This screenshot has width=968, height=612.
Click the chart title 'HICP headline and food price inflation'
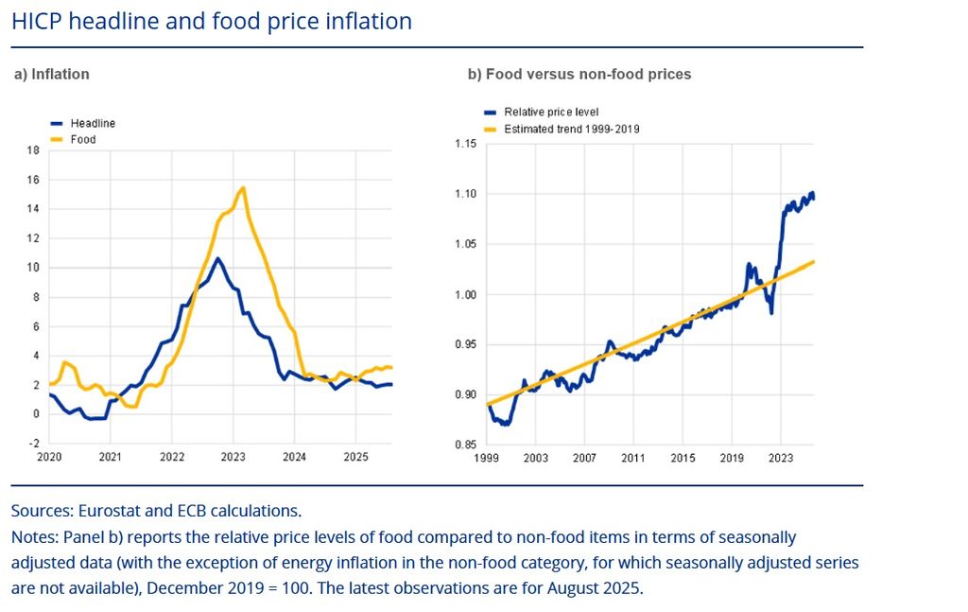(212, 21)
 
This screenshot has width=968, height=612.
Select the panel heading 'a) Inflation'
(51, 74)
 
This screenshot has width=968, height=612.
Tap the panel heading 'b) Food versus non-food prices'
(579, 74)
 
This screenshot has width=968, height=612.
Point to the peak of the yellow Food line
(244, 188)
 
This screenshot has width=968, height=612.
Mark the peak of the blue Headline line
(217, 258)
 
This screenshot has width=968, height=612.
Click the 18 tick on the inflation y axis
(33, 149)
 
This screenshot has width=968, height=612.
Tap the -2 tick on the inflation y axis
(33, 444)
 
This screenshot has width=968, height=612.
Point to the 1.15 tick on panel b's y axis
(465, 144)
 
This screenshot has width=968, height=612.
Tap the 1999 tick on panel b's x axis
(486, 459)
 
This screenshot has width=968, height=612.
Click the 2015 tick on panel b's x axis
(683, 459)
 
